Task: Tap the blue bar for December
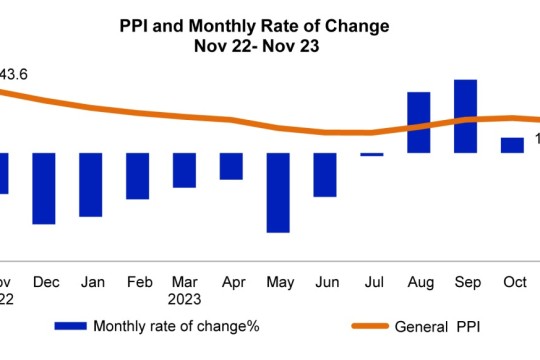[x=44, y=188]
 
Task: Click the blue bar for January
[x=91, y=184]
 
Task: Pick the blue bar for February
[x=137, y=176]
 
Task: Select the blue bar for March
[x=184, y=170]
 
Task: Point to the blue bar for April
[x=231, y=166]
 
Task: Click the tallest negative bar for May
[x=278, y=192]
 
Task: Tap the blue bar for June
[x=325, y=174]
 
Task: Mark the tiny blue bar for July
[x=372, y=154]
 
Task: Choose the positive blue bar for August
[x=418, y=122]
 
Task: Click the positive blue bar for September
[x=465, y=116]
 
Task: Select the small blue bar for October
[x=512, y=145]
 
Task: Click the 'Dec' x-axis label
[x=45, y=282]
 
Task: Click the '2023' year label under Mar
[x=185, y=298]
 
